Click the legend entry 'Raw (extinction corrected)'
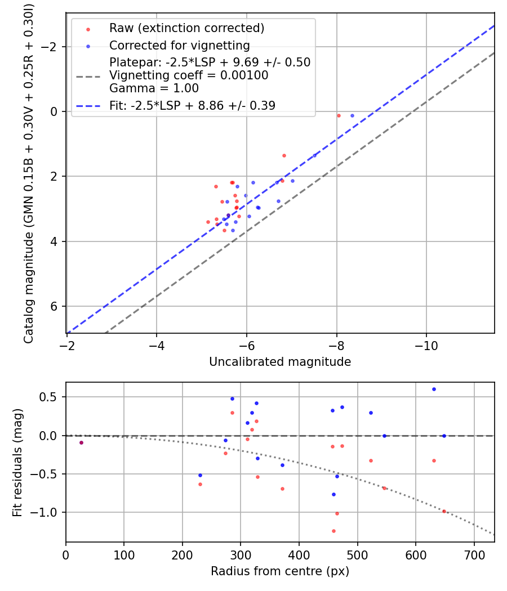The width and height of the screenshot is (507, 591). (x=186, y=28)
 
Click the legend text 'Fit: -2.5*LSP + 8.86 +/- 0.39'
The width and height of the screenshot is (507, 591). (x=192, y=106)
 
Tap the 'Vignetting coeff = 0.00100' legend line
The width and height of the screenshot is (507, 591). (x=189, y=75)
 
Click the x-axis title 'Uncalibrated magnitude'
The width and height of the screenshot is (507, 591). (x=280, y=362)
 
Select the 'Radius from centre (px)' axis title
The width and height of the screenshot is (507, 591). (x=280, y=571)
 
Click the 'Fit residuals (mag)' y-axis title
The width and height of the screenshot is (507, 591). (x=17, y=462)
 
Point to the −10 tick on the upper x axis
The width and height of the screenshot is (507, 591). (x=426, y=343)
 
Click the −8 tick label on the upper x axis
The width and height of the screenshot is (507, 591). (x=336, y=343)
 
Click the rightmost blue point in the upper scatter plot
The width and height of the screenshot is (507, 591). (x=352, y=115)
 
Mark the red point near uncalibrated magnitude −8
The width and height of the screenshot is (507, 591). (x=339, y=115)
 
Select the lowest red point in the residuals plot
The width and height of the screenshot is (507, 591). (x=333, y=531)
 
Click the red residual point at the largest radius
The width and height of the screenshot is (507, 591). (x=444, y=511)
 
